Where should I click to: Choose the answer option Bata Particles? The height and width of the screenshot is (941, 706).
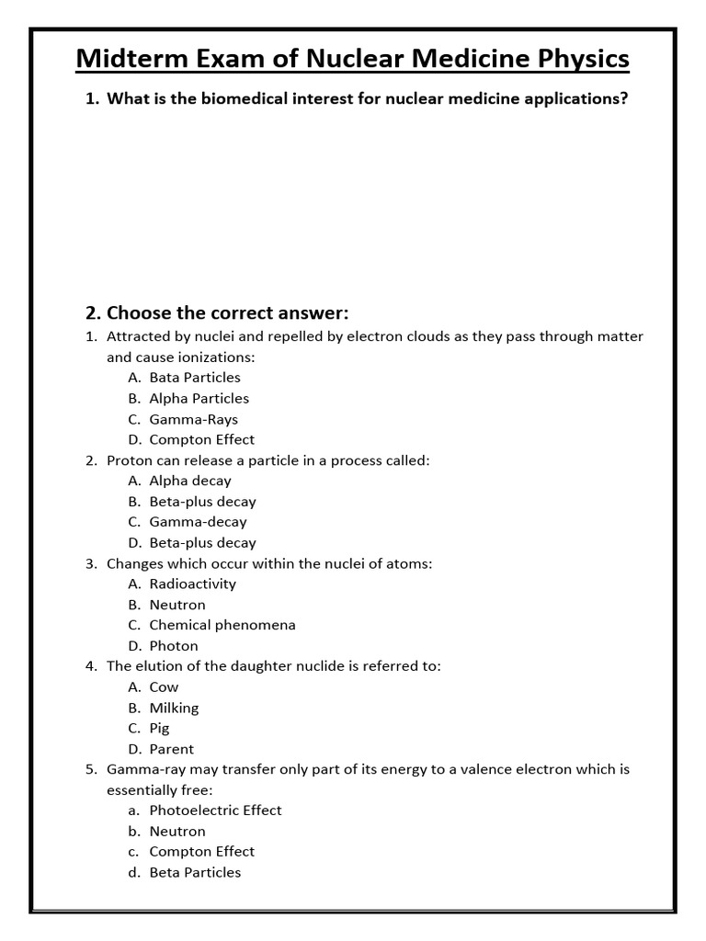click(194, 378)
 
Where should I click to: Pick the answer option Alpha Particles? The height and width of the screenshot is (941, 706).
click(199, 398)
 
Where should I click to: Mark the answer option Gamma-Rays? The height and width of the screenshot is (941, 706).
click(193, 419)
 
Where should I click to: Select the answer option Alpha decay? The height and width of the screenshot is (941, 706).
click(190, 481)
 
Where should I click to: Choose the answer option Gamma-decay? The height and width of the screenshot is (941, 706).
click(198, 522)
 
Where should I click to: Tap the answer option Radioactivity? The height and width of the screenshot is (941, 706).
click(192, 584)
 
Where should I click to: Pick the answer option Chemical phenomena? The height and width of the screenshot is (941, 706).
click(222, 625)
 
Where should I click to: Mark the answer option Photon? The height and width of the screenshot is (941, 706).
click(173, 646)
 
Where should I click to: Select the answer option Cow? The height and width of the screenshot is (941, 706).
click(164, 687)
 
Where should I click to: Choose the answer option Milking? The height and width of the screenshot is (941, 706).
click(174, 708)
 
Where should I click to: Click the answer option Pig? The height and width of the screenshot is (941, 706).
click(161, 728)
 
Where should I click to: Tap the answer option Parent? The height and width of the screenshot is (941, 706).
click(171, 749)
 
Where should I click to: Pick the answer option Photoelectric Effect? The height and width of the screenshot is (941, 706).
click(215, 811)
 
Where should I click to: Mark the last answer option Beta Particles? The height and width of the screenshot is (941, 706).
click(195, 872)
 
